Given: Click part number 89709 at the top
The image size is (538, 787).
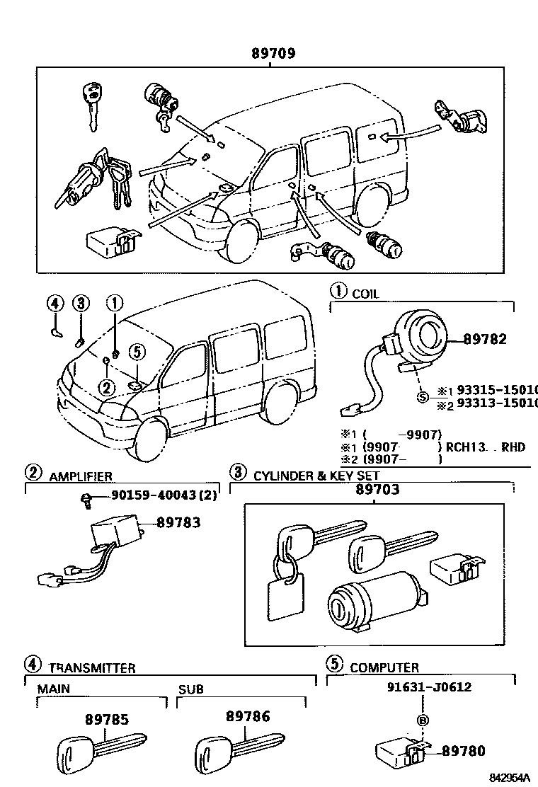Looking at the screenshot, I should pyautogui.click(x=273, y=53).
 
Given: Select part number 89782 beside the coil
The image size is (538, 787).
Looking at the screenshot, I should pyautogui.click(x=485, y=339).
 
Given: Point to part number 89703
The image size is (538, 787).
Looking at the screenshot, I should pyautogui.click(x=377, y=489).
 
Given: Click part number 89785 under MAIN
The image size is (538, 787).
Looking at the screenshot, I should pyautogui.click(x=107, y=719).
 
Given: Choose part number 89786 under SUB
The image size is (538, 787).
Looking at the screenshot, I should pyautogui.click(x=248, y=716).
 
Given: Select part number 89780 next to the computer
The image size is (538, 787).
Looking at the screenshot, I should pyautogui.click(x=464, y=752).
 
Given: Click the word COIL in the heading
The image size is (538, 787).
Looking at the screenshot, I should pyautogui.click(x=365, y=294).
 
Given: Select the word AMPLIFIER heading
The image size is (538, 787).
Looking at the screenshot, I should pyautogui.click(x=81, y=477).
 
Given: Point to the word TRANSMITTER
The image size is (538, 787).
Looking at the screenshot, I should pyautogui.click(x=92, y=667).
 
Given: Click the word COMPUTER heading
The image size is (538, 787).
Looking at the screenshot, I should pyautogui.click(x=384, y=667).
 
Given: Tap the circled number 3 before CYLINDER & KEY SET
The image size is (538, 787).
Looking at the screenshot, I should pyautogui.click(x=238, y=473).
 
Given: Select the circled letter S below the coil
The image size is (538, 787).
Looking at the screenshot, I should pyautogui.click(x=423, y=397).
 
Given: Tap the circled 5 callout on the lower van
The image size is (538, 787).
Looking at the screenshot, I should pyautogui.click(x=137, y=352).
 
